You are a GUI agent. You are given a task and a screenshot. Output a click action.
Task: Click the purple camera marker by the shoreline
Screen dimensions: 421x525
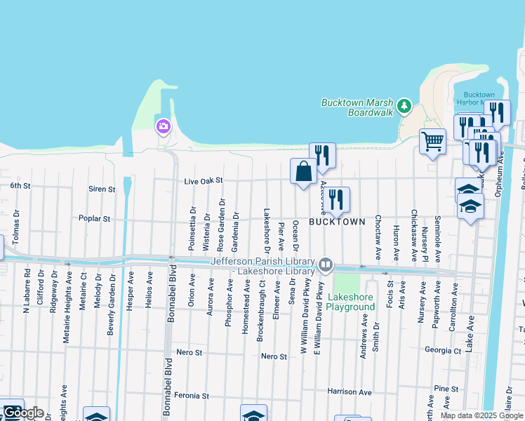click(x=163, y=126)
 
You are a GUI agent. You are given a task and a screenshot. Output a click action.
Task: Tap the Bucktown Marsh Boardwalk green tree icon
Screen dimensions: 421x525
click(x=404, y=106)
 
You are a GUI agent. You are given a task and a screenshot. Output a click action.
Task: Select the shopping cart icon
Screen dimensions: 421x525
click(x=432, y=142)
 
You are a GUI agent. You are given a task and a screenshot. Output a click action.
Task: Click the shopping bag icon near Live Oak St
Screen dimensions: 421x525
click(x=304, y=171)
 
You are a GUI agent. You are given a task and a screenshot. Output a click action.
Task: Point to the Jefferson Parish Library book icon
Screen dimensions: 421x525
click(x=325, y=265)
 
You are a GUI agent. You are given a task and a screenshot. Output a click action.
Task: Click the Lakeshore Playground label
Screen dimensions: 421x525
click(x=350, y=302)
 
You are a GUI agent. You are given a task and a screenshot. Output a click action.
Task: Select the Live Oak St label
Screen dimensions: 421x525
click(x=203, y=181)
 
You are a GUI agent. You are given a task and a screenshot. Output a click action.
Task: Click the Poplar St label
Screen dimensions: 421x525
click(x=95, y=219)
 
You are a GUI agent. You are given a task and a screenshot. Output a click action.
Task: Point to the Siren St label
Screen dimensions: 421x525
click(x=102, y=189)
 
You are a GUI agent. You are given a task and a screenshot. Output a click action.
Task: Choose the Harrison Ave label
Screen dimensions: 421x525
click(x=350, y=392)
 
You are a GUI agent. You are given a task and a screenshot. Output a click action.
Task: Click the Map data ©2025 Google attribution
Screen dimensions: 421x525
click(x=481, y=415)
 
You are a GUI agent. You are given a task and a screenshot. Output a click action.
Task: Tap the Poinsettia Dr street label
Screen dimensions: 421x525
click(x=192, y=229)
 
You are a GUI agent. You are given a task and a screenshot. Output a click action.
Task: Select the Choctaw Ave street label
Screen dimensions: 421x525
click(x=378, y=238)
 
